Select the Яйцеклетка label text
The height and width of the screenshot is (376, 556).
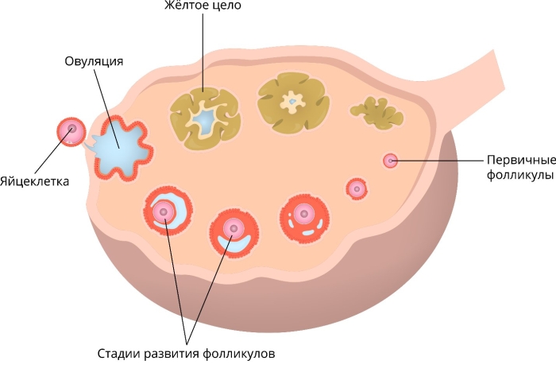coord(35,180)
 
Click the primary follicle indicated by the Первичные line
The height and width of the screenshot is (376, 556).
coord(390,161)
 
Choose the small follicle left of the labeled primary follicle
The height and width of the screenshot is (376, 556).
coord(357,188)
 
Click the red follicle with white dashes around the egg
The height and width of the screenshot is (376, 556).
coord(304,216)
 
